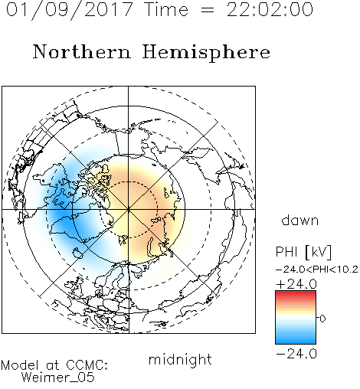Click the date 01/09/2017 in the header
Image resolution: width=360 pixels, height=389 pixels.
[69, 10]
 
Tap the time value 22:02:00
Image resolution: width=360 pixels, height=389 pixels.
[270, 10]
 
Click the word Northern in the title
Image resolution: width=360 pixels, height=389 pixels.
[82, 51]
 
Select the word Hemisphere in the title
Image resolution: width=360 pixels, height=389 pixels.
[206, 53]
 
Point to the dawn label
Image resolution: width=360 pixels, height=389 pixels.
[300, 220]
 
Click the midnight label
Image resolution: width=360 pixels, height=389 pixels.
[180, 359]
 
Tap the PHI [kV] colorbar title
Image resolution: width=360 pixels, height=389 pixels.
[304, 252]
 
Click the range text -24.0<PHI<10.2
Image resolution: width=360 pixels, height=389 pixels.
[317, 270]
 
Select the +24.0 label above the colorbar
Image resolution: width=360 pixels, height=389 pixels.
[296, 284]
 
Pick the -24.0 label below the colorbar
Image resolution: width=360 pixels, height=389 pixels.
[296, 354]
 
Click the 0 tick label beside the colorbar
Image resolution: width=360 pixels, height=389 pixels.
[322, 319]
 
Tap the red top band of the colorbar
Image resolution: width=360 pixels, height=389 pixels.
[296, 293]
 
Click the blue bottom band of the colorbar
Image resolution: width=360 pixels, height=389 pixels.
[296, 341]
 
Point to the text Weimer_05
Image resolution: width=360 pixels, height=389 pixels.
[57, 378]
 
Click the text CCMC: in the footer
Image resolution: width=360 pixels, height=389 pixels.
[87, 365]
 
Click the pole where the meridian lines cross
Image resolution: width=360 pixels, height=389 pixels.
[129, 209]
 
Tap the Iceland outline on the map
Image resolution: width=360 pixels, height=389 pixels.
[78, 253]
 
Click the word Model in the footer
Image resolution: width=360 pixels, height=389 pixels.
[20, 365]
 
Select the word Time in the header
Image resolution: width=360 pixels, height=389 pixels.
[166, 10]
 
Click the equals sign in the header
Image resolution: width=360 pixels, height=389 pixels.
[208, 10]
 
